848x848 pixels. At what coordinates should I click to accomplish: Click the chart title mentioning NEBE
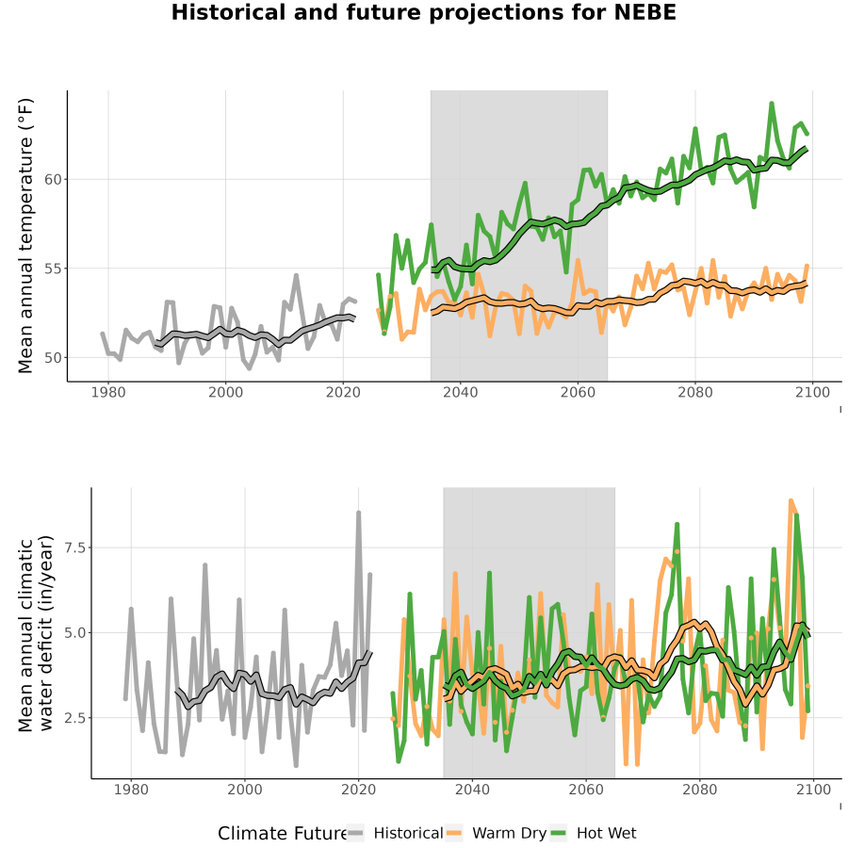pyautogui.click(x=423, y=12)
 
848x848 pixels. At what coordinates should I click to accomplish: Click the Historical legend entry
pyautogui.click(x=395, y=833)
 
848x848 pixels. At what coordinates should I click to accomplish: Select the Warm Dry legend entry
pyautogui.click(x=496, y=833)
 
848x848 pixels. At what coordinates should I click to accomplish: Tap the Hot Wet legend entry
pyautogui.click(x=593, y=833)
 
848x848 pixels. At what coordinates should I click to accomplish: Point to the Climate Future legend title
pyautogui.click(x=282, y=833)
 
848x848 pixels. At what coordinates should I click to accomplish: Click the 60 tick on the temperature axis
pyautogui.click(x=53, y=180)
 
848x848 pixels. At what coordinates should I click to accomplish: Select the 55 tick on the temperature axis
pyautogui.click(x=53, y=269)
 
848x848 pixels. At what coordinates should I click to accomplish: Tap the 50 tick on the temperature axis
pyautogui.click(x=53, y=358)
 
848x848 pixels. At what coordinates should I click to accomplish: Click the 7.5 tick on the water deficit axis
pyautogui.click(x=75, y=547)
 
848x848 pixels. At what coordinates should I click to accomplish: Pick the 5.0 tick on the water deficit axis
pyautogui.click(x=75, y=633)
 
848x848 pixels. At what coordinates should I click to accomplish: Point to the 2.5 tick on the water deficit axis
pyautogui.click(x=75, y=718)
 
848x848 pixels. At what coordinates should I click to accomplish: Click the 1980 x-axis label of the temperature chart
pyautogui.click(x=108, y=392)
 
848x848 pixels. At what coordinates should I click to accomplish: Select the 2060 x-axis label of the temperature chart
pyautogui.click(x=578, y=392)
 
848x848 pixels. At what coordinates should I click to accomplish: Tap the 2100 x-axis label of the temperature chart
pyautogui.click(x=812, y=392)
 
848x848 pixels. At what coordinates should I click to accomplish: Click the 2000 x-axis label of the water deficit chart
pyautogui.click(x=244, y=790)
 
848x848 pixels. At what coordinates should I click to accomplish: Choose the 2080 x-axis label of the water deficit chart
pyautogui.click(x=699, y=790)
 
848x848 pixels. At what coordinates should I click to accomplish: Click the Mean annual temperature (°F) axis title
pyautogui.click(x=25, y=236)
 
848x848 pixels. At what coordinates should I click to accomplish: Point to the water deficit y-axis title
pyautogui.click(x=36, y=633)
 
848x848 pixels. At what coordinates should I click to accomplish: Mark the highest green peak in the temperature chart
pyautogui.click(x=772, y=103)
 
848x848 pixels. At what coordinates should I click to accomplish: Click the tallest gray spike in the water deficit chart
pyautogui.click(x=359, y=513)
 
